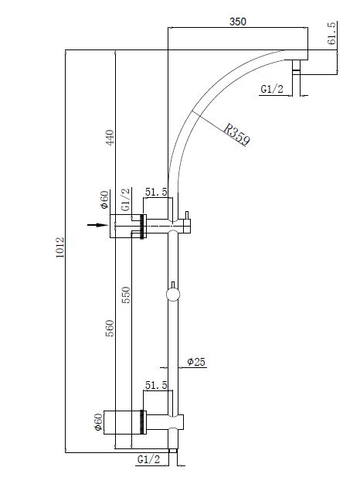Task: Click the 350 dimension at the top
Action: pyautogui.click(x=238, y=22)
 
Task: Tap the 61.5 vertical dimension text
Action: pyautogui.click(x=332, y=33)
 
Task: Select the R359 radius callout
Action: pyautogui.click(x=236, y=135)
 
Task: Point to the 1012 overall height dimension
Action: pyautogui.click(x=59, y=247)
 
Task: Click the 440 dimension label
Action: pyautogui.click(x=110, y=138)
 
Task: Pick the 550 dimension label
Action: pyautogui.click(x=126, y=295)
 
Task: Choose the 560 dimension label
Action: pyautogui.click(x=110, y=328)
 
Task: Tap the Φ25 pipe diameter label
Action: pyautogui.click(x=196, y=362)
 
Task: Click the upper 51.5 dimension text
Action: pyautogui.click(x=156, y=192)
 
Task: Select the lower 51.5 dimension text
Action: pyautogui.click(x=156, y=385)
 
